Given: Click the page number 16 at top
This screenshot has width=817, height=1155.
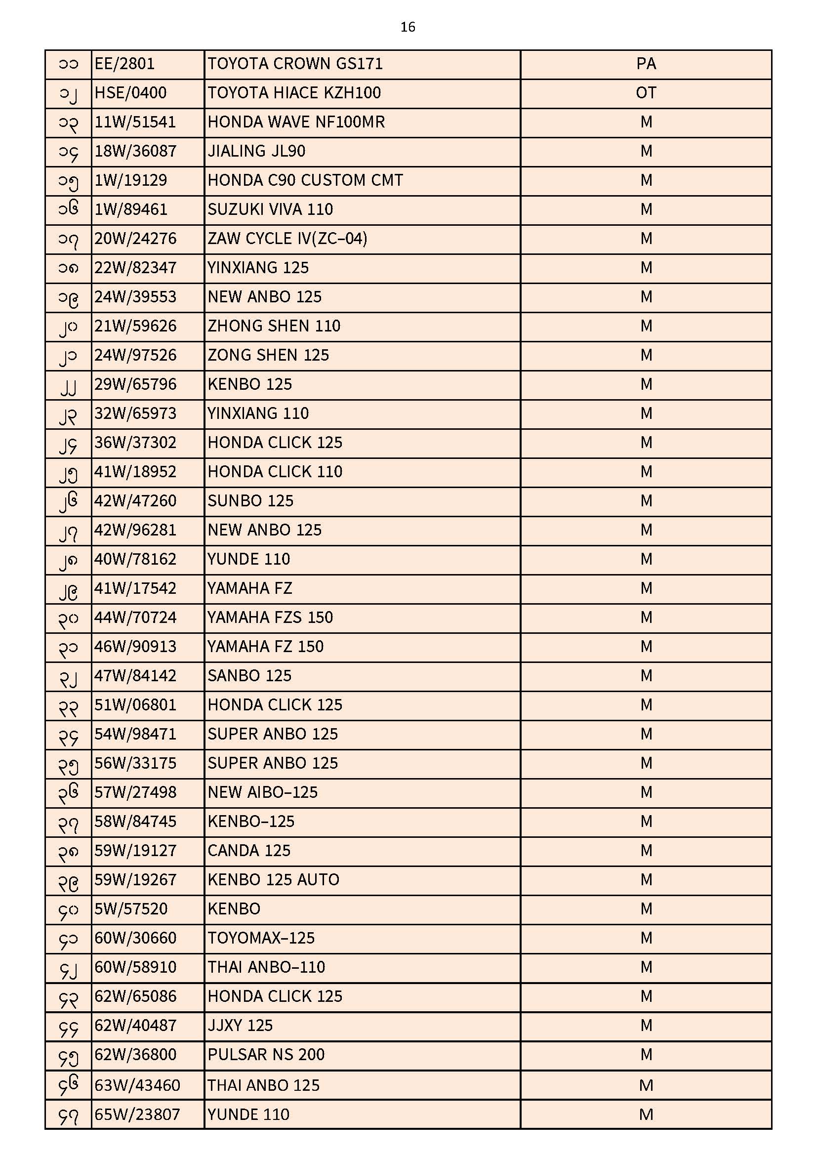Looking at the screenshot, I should (408, 27).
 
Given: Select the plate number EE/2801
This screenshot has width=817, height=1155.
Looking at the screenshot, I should (124, 64).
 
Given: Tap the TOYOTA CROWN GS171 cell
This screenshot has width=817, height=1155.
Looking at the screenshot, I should (295, 64).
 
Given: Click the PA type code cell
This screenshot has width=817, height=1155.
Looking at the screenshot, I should (646, 64).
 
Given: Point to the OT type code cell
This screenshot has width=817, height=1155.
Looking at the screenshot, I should (646, 93).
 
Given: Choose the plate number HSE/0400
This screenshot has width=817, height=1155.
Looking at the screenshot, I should (130, 93).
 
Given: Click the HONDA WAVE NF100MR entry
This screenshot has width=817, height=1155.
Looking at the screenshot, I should (296, 122).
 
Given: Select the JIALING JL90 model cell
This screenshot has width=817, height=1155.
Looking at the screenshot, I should (256, 152).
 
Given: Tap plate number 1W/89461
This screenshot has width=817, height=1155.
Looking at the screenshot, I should (131, 209).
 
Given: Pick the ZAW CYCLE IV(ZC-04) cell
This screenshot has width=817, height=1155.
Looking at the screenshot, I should (287, 239).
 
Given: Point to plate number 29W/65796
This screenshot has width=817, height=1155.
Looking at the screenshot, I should (135, 384).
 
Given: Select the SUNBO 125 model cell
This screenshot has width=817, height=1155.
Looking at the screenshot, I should (250, 501).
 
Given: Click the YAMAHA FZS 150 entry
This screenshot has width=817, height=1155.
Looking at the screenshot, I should (270, 617).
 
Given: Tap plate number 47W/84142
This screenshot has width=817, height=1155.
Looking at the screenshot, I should (135, 676).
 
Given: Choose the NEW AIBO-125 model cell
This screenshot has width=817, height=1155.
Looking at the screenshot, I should (263, 792).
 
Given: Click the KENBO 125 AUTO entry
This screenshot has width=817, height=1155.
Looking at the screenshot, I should (273, 880).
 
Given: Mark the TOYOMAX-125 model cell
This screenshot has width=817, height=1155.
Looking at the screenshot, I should (261, 938).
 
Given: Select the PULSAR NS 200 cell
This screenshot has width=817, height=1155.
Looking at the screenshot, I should (266, 1054).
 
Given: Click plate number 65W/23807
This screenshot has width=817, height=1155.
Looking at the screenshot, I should (137, 1114).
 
